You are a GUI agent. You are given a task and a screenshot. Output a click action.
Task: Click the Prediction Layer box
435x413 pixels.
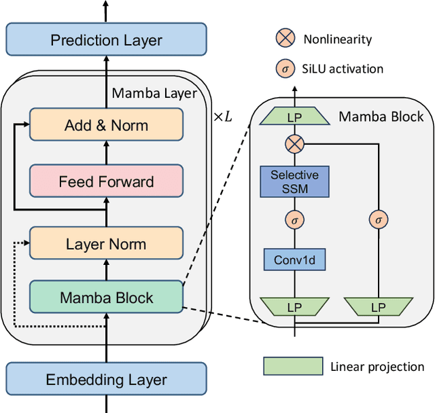[x=106, y=39]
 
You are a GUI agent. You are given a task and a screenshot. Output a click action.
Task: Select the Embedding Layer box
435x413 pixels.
[x=106, y=378]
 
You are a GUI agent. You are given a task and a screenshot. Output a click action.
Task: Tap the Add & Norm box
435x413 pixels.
[x=106, y=125]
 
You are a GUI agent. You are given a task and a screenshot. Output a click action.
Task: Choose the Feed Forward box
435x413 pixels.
[x=106, y=181]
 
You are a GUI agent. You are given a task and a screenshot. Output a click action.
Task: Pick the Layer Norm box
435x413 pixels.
[x=106, y=244]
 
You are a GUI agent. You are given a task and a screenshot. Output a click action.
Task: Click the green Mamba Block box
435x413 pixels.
[x=106, y=298]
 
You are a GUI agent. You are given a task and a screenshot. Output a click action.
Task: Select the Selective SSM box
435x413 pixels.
[x=294, y=182]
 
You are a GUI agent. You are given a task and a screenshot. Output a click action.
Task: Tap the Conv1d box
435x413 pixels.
[x=294, y=259]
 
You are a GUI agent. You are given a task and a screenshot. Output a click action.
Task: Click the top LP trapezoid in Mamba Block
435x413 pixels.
[x=294, y=117]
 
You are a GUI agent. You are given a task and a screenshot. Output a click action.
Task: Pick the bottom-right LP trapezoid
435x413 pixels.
[x=378, y=307]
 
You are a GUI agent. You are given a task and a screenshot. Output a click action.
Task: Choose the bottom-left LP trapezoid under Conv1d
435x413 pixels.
[x=294, y=307]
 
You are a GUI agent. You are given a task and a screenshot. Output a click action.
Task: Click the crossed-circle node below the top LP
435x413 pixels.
[x=294, y=143]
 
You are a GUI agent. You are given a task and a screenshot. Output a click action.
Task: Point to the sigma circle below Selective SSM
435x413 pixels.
[x=294, y=219]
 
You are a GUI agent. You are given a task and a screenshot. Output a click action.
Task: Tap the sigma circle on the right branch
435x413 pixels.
[x=378, y=219]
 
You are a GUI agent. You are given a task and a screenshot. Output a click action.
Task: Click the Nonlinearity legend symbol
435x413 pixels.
[x=285, y=38]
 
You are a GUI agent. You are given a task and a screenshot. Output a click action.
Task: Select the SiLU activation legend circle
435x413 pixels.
[x=285, y=68]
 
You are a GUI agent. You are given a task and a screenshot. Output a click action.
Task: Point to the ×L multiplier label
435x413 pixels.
[x=222, y=117]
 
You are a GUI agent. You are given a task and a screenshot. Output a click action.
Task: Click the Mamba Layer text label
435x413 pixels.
[x=154, y=93]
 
